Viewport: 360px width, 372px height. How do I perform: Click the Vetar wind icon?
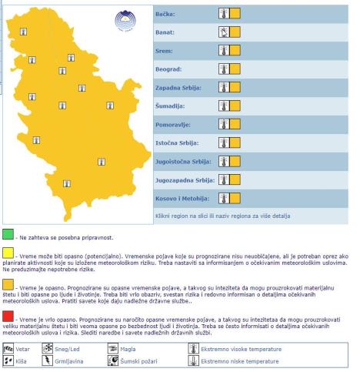pos(8,348)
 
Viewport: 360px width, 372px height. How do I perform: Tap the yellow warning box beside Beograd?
pos(235,69)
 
